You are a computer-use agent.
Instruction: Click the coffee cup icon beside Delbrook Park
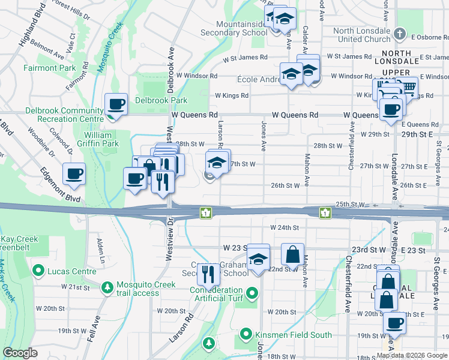point(116,104)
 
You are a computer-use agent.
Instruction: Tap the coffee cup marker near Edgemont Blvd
point(74,174)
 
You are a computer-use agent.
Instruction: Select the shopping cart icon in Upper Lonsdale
point(407,88)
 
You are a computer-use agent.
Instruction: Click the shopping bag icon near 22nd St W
point(292,254)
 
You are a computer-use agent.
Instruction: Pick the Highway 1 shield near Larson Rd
point(205,212)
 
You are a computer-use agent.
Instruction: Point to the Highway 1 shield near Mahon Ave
point(325,212)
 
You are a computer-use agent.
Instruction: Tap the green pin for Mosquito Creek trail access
point(107,287)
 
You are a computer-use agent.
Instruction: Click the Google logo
point(20,353)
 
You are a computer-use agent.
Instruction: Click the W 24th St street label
point(284,228)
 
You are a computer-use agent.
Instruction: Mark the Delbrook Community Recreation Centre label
point(64,115)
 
